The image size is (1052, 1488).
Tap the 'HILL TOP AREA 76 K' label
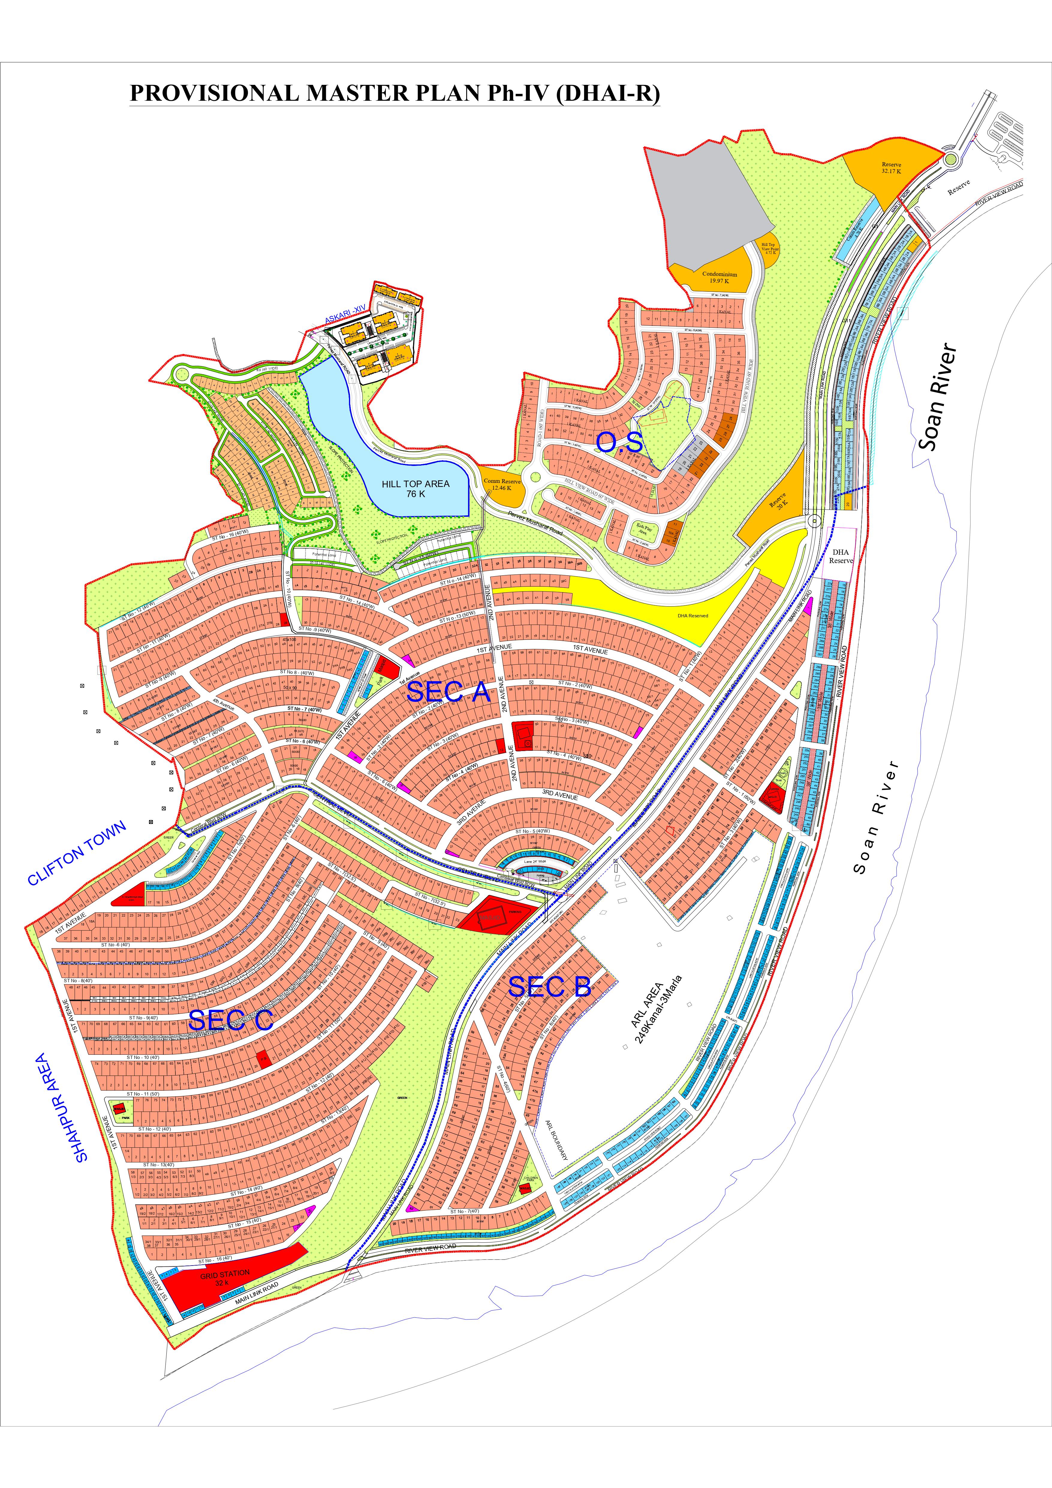pyautogui.click(x=416, y=489)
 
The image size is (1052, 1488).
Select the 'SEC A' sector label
pyautogui.click(x=448, y=692)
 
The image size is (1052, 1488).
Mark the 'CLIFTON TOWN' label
pyautogui.click(x=76, y=853)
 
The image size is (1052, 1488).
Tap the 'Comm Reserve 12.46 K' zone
pyautogui.click(x=501, y=484)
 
